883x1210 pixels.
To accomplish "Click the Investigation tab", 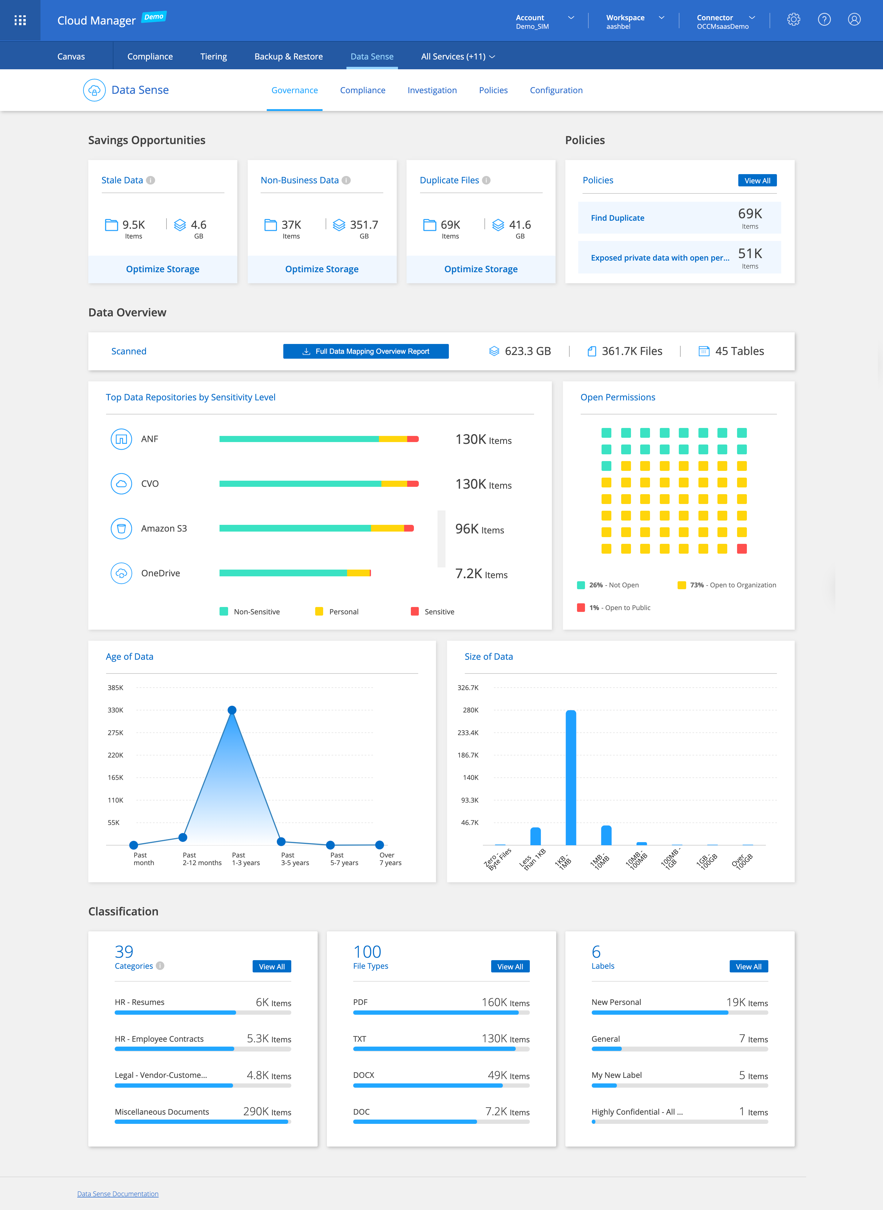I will (432, 90).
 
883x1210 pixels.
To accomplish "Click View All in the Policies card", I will (757, 181).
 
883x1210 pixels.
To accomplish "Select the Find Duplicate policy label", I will (617, 218).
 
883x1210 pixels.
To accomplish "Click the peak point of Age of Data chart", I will (232, 710).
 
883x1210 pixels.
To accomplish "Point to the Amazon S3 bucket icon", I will (121, 529).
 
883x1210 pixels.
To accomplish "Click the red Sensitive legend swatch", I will (415, 611).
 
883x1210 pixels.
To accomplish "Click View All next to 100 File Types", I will (510, 966).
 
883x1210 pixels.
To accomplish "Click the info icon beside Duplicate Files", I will (486, 180).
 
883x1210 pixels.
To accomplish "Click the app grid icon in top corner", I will (20, 20).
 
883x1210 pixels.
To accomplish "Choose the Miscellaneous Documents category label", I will (162, 1112).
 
